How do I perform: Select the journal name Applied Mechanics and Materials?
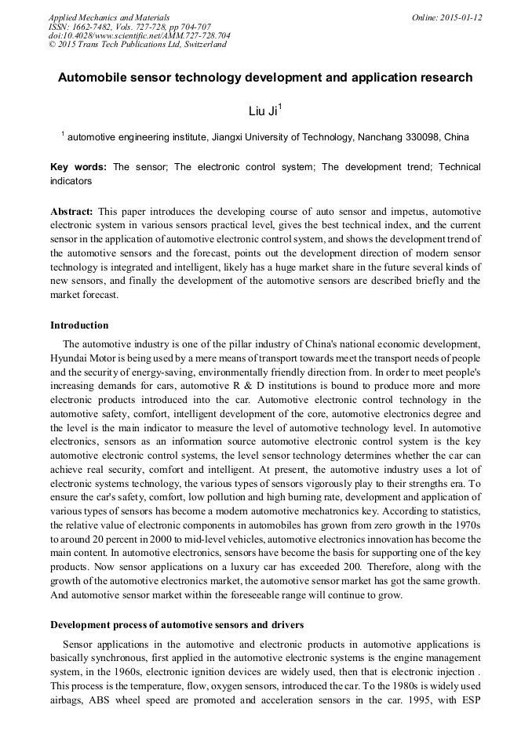click(x=109, y=17)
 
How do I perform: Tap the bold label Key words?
click(x=78, y=168)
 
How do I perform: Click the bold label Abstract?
click(x=72, y=213)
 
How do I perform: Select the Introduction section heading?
click(x=79, y=325)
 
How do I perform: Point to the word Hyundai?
click(x=71, y=358)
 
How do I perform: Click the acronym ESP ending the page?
click(x=468, y=700)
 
